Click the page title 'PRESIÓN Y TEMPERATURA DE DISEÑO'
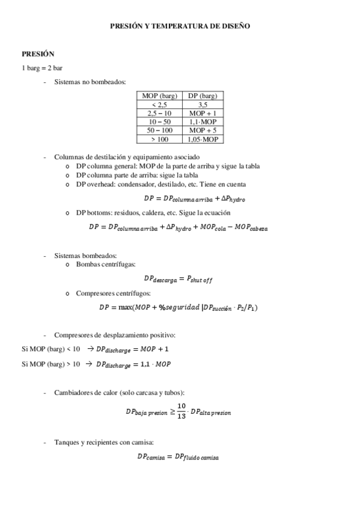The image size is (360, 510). point(180,26)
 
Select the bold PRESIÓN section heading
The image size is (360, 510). point(38,54)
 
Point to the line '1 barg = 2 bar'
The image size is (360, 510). point(42,68)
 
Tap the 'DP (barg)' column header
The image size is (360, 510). point(203,96)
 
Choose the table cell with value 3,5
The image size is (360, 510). point(203,105)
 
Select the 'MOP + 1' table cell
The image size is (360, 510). point(203,113)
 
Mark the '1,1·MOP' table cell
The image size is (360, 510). point(203,121)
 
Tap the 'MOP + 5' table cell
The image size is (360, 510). point(203,130)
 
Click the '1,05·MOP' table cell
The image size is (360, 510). point(203,139)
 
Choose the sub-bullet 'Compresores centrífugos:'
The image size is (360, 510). point(114,293)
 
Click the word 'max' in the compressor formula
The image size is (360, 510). point(126,307)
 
